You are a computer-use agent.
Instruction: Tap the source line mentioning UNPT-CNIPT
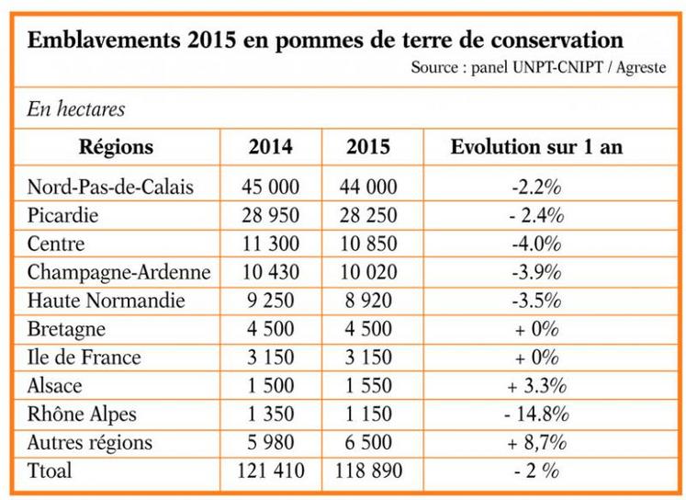(x=536, y=68)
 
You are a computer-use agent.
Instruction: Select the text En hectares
(x=77, y=109)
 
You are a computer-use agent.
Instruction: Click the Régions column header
(x=116, y=146)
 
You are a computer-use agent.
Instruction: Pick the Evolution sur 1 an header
(x=536, y=146)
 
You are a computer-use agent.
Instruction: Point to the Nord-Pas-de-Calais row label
(x=110, y=187)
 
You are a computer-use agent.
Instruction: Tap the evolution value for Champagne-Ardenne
(x=536, y=273)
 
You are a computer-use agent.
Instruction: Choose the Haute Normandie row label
(x=107, y=301)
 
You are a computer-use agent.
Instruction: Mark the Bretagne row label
(x=66, y=329)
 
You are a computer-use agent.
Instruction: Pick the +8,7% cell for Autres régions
(x=536, y=443)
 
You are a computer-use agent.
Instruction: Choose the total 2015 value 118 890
(x=365, y=471)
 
